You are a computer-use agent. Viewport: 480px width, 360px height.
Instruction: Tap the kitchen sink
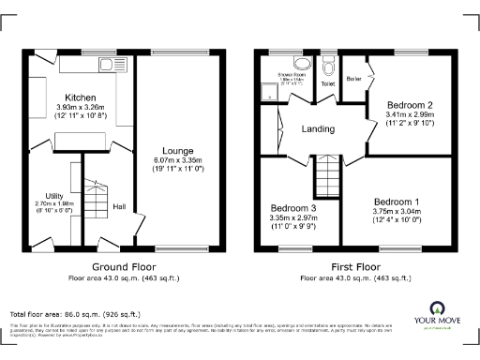(x=115, y=65)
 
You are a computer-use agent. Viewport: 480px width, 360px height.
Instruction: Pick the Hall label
(x=120, y=206)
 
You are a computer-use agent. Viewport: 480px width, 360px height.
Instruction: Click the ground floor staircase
(x=96, y=199)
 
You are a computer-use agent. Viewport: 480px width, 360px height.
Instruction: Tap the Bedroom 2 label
(x=409, y=104)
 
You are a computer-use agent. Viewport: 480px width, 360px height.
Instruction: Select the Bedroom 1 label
(x=397, y=202)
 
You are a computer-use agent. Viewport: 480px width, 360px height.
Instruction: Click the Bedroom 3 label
(x=294, y=207)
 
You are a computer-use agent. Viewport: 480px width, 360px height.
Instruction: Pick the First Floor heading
(x=352, y=266)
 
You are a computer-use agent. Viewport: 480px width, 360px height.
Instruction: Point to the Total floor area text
(x=75, y=314)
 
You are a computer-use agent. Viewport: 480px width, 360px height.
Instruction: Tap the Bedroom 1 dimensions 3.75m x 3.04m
(x=397, y=212)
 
